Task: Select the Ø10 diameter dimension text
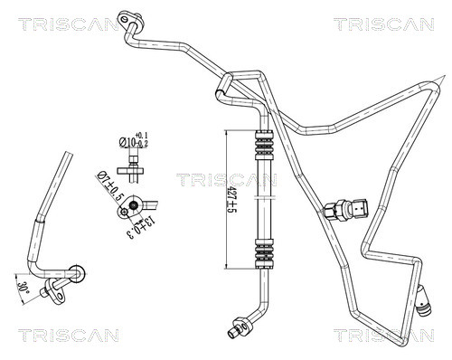[128, 142]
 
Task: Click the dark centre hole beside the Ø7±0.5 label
[135, 205]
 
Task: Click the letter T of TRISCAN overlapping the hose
[182, 180]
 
